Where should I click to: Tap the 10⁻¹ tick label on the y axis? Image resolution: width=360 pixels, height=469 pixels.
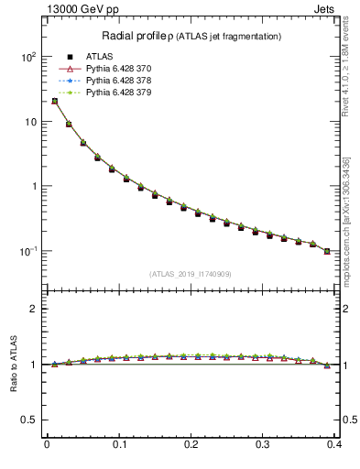coord(26,251)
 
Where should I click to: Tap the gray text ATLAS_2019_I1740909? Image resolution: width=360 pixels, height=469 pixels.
coord(191,274)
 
